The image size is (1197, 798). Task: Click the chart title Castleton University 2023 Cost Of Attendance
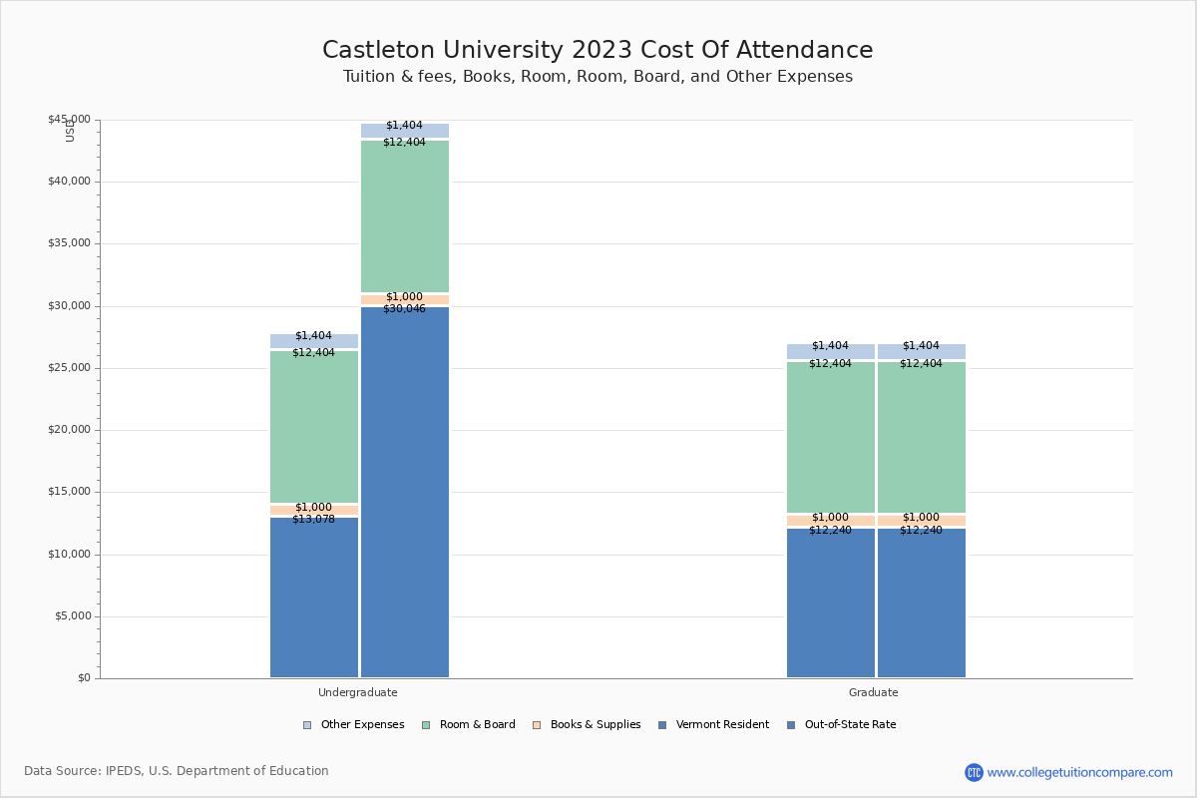(598, 51)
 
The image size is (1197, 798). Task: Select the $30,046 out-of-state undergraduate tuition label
(404, 309)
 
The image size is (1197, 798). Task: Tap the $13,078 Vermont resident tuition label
(313, 520)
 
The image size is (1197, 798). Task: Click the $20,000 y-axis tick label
(69, 430)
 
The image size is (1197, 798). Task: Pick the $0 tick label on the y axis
(83, 678)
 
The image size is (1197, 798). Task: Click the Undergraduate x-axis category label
(358, 692)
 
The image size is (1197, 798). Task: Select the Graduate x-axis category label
(874, 692)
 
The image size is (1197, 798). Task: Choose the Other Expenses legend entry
(354, 725)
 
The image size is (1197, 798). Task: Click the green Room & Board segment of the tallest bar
(405, 216)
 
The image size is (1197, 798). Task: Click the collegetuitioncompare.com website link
(1079, 772)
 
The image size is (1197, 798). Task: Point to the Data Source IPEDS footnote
(177, 771)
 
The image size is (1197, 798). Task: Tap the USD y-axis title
(70, 130)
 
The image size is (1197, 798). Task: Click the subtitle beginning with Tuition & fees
(598, 77)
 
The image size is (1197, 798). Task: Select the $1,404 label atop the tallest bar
(404, 126)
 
